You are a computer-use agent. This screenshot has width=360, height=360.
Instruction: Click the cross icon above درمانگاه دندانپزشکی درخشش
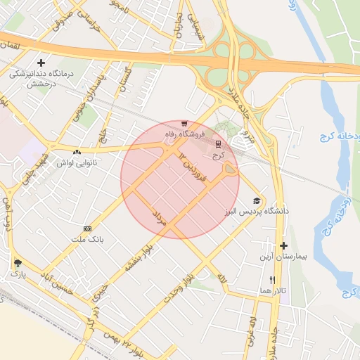[41, 63]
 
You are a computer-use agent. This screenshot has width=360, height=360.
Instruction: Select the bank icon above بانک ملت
[87, 229]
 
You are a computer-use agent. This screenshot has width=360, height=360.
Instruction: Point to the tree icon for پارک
[17, 263]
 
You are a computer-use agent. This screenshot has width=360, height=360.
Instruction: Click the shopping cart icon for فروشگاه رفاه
[184, 123]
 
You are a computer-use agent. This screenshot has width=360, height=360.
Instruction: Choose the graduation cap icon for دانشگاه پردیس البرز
[256, 200]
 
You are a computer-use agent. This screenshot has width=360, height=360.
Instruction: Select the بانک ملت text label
[87, 240]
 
